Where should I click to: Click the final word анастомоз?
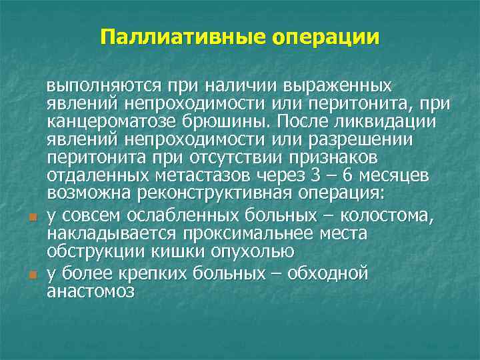point(91,291)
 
